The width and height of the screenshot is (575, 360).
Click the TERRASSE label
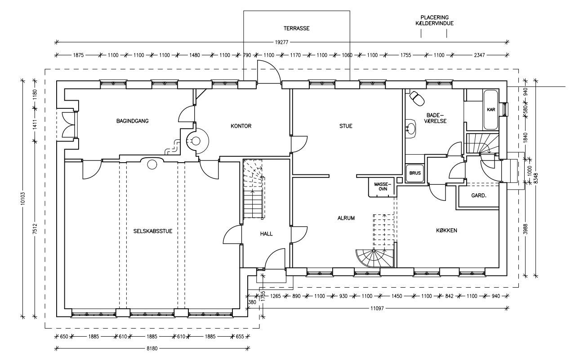(296, 28)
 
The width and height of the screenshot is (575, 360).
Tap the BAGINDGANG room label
(132, 121)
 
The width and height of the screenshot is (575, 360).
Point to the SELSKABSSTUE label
(153, 231)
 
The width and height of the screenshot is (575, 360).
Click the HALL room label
(266, 234)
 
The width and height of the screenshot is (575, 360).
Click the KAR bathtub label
(491, 110)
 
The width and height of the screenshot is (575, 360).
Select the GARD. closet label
(479, 196)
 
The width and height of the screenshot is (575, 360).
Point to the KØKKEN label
(446, 231)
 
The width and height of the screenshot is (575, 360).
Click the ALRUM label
(347, 218)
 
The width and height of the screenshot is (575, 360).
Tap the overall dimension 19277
(282, 42)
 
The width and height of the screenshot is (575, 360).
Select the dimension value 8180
(152, 348)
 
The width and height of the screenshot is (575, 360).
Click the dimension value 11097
(376, 308)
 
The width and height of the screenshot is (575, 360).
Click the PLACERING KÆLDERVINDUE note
(434, 20)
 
